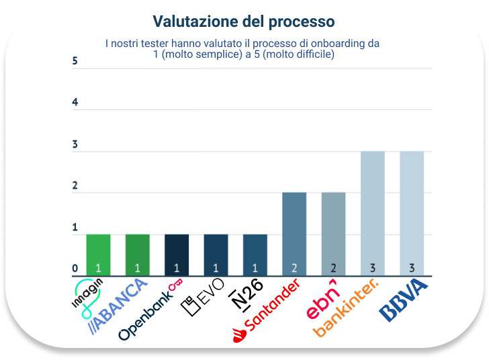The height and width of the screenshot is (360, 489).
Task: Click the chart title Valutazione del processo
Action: click(x=244, y=22)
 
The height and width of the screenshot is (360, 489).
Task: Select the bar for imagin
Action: click(x=98, y=255)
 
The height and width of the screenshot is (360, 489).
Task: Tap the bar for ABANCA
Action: click(x=137, y=255)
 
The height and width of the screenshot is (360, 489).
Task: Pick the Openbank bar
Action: click(x=177, y=255)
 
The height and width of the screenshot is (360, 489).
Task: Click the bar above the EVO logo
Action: click(x=216, y=255)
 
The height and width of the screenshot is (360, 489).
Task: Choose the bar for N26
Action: click(x=255, y=255)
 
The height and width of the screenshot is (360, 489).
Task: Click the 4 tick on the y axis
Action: click(x=75, y=103)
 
